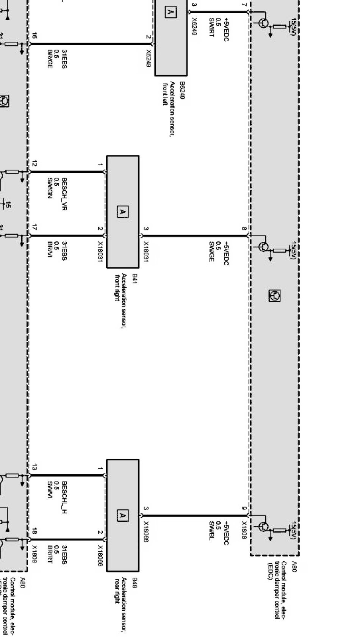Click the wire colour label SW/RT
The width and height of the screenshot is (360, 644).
point(211,27)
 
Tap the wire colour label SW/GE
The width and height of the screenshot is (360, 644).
point(211,251)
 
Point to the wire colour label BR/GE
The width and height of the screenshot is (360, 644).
point(50,59)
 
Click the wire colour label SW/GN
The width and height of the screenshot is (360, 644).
point(50,188)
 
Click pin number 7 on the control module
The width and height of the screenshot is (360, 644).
point(244,5)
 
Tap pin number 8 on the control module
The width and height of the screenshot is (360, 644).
point(244,229)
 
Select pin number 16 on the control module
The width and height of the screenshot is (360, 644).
point(34,36)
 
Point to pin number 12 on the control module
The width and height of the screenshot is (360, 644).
point(34,164)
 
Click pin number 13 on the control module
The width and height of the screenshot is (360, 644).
point(34,467)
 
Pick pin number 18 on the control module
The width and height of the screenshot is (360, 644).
point(34,531)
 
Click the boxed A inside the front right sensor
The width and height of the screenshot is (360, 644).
point(122,212)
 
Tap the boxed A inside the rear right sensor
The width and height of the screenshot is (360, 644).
point(122,515)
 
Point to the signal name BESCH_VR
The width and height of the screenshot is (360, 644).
point(64,194)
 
